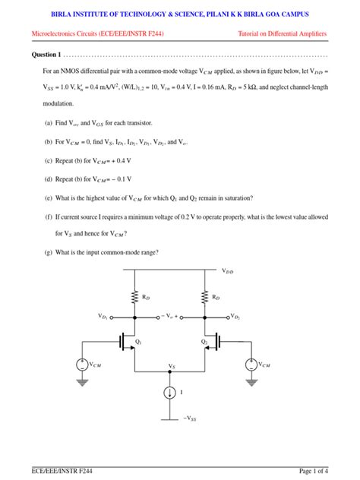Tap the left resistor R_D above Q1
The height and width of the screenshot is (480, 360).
pos(134,297)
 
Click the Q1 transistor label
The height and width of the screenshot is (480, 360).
pos(138,342)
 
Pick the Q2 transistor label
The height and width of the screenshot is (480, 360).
pos(204,342)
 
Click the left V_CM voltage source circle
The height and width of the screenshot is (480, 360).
pos(81,364)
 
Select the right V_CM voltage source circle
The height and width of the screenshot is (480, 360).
pos(251,364)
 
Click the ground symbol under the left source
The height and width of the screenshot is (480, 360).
pos(81,381)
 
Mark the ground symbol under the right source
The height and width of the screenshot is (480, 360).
pos(251,381)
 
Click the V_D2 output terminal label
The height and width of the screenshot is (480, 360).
pos(235,315)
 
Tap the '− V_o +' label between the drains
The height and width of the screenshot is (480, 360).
pos(170,314)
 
